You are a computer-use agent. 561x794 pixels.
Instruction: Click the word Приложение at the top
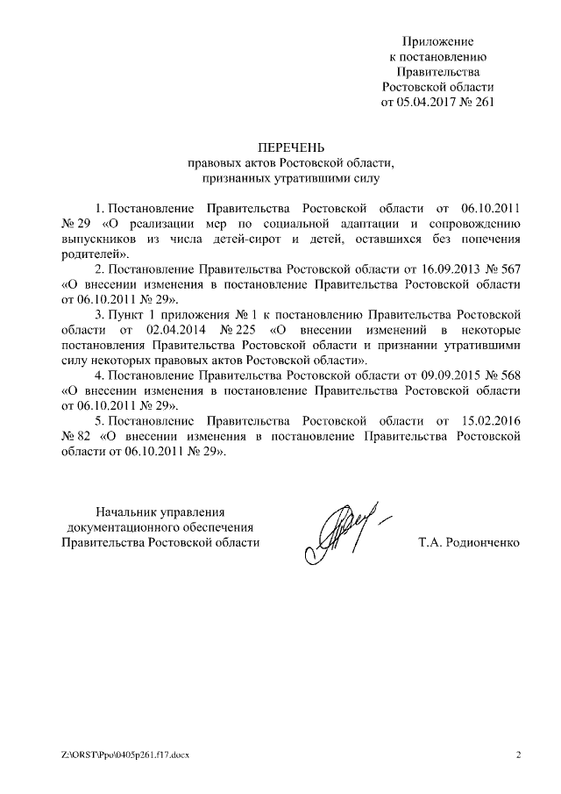(x=437, y=41)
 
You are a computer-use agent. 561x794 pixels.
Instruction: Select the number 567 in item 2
(x=511, y=269)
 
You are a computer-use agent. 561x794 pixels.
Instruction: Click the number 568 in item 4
(x=511, y=376)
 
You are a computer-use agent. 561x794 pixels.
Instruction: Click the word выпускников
(x=100, y=239)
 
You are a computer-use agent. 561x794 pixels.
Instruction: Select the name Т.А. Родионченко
(x=470, y=543)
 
